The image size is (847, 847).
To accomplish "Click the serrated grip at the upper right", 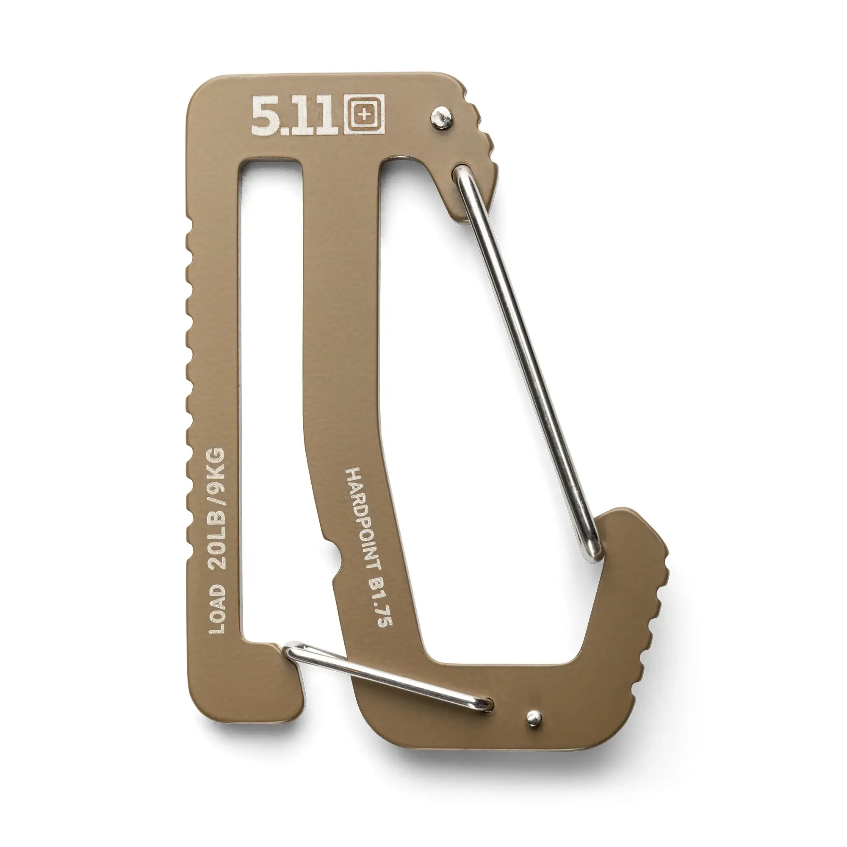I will [482, 132].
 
